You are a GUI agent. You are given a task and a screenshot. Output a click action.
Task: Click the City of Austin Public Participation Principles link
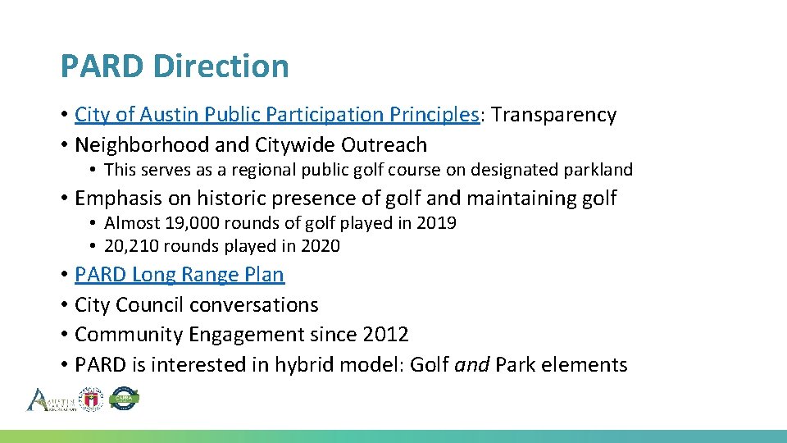276,115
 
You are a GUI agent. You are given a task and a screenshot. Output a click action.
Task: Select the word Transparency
553,115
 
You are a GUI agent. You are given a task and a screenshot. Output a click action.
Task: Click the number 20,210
130,246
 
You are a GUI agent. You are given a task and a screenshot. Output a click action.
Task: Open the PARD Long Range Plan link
179,275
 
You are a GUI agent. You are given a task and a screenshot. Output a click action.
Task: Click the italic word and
471,365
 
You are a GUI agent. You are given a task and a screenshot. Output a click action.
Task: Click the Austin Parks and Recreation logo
51,400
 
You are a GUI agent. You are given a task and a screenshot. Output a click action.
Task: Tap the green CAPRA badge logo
125,400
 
